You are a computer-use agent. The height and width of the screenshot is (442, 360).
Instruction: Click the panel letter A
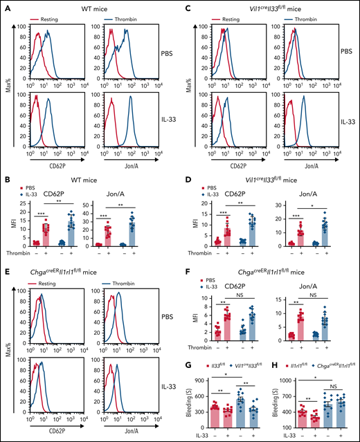tap(6, 6)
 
